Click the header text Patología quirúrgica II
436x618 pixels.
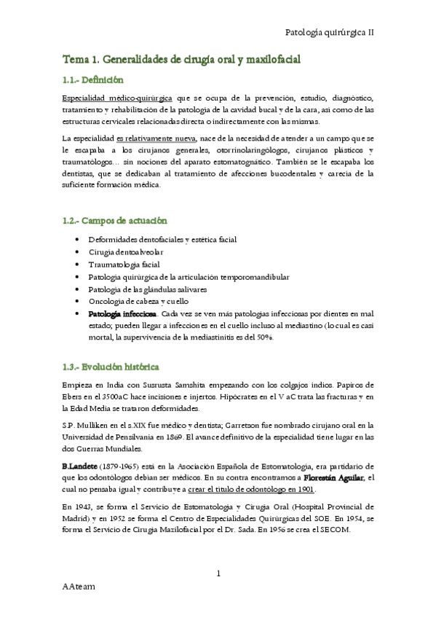(329, 33)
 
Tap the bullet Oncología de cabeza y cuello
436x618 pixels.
(138, 302)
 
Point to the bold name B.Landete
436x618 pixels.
(82, 465)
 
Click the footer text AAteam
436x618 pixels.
(79, 606)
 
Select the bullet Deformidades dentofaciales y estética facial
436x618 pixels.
(173, 239)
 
